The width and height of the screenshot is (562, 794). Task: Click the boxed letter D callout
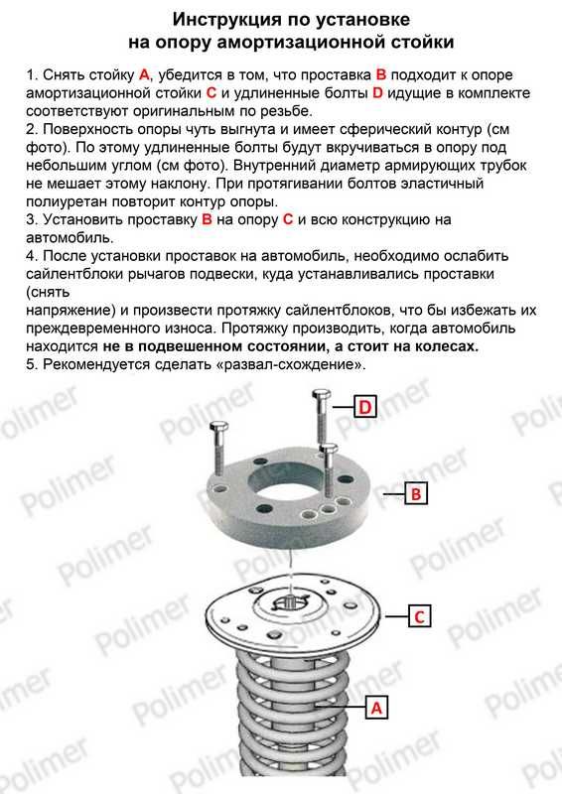pyautogui.click(x=364, y=406)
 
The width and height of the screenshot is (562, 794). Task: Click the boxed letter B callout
pyautogui.click(x=416, y=492)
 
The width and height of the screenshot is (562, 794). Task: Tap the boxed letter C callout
pyautogui.click(x=419, y=616)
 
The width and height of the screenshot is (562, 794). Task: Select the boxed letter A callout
pyautogui.click(x=376, y=707)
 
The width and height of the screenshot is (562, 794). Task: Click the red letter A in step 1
pyautogui.click(x=144, y=75)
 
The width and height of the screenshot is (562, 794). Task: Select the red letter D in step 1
pyautogui.click(x=377, y=93)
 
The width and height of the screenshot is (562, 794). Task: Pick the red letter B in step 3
pyautogui.click(x=207, y=219)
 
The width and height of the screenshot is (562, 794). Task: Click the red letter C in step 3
pyautogui.click(x=288, y=219)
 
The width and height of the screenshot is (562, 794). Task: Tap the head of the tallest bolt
pyautogui.click(x=322, y=394)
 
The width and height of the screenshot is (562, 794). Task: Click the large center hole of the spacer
pyautogui.click(x=285, y=484)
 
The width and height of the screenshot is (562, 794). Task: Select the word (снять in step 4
pyautogui.click(x=48, y=292)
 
